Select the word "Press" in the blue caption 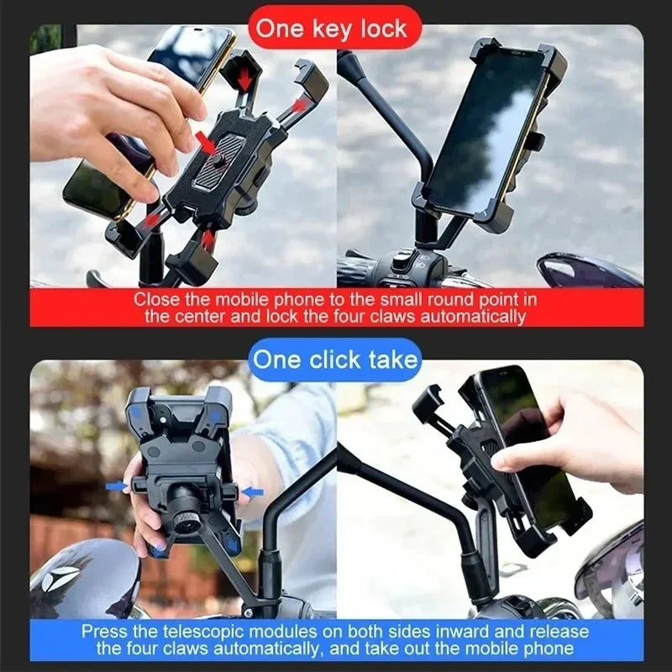(107, 631)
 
